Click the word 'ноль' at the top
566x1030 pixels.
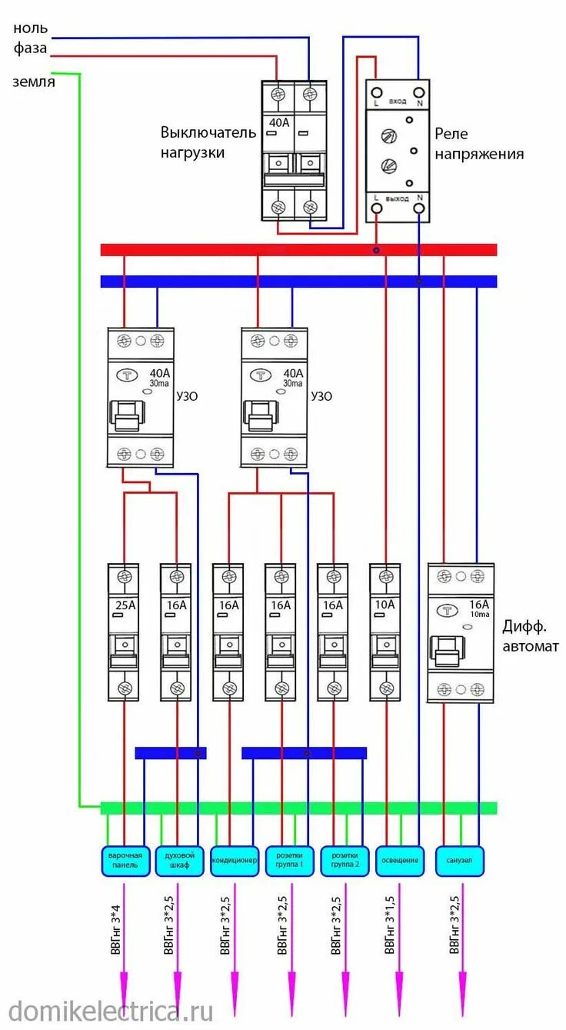tap(31, 28)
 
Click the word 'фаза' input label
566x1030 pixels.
tap(31, 48)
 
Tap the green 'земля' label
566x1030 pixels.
tap(34, 82)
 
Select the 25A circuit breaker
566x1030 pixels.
tap(124, 632)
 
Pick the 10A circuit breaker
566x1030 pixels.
tap(385, 632)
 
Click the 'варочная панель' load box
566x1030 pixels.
tap(124, 861)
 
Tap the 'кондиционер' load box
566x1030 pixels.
tap(234, 861)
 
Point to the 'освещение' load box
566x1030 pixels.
tap(398, 861)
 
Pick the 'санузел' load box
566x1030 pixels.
tap(460, 861)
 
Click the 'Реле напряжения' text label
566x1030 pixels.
tap(479, 144)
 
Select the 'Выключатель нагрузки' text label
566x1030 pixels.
tap(208, 142)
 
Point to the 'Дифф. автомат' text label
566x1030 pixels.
tap(531, 636)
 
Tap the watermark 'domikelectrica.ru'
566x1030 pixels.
tap(111, 1010)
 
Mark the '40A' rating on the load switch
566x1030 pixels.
tap(278, 122)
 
